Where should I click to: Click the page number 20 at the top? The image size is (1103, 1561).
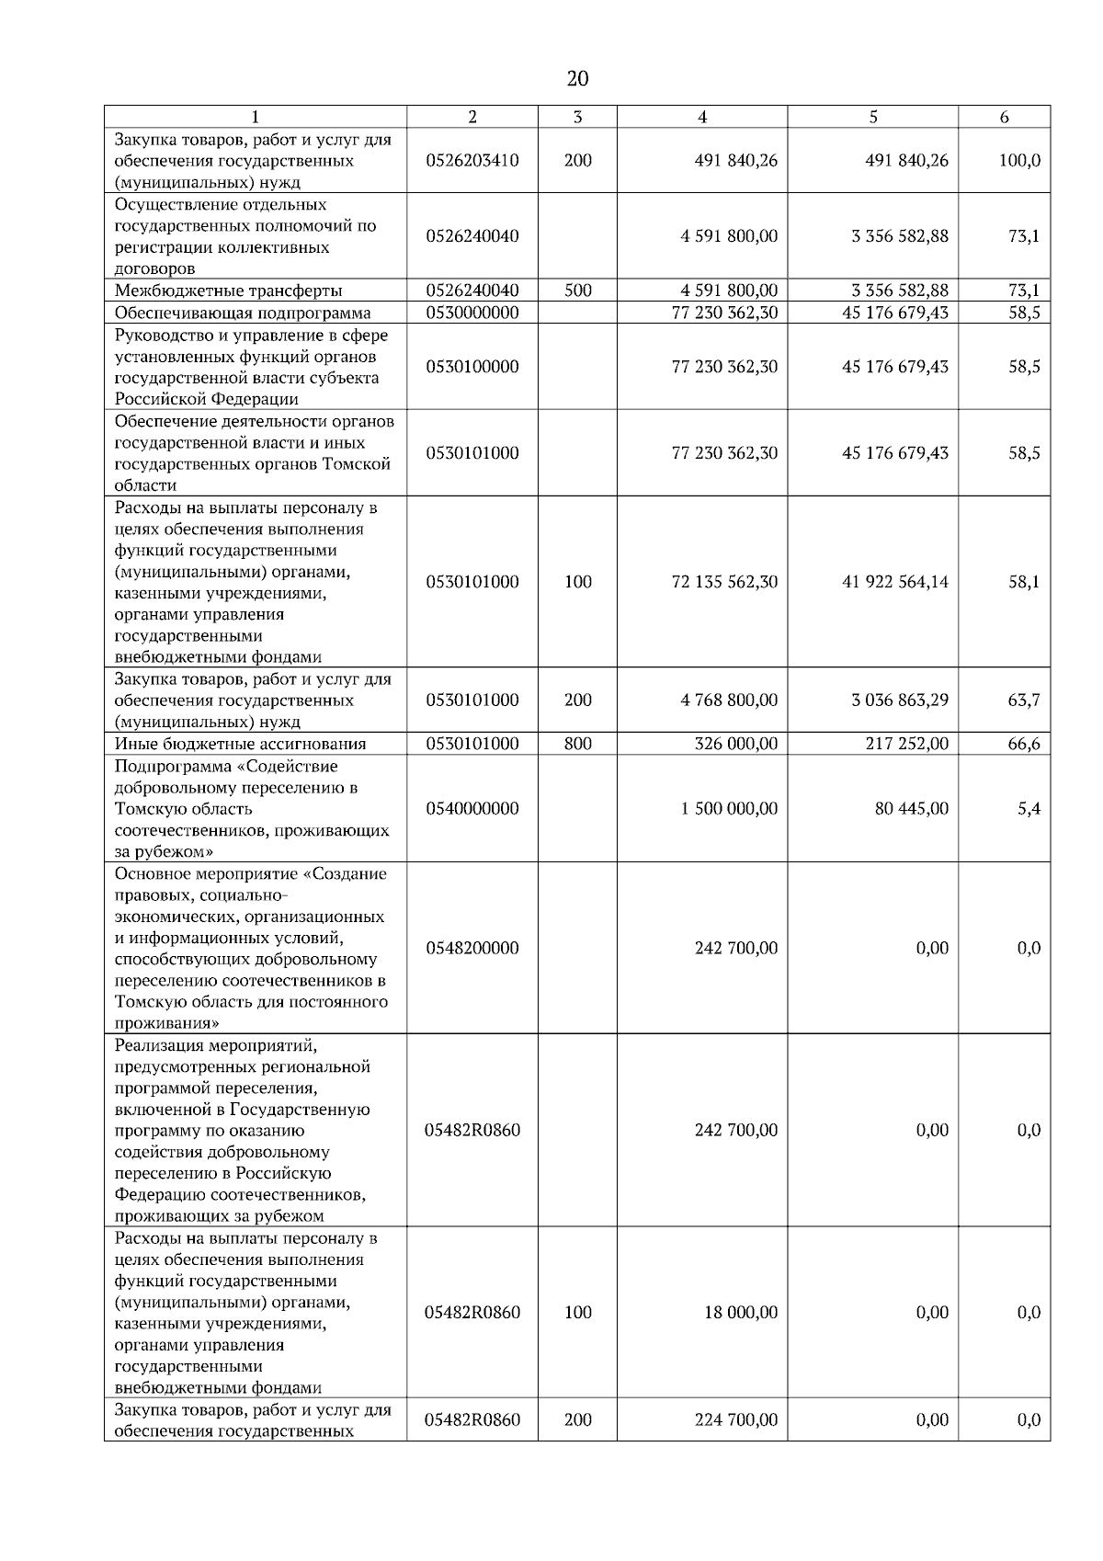(577, 78)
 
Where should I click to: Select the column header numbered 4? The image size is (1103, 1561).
(702, 117)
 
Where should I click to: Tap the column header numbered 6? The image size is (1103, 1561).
(1004, 117)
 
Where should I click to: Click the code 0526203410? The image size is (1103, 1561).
(472, 160)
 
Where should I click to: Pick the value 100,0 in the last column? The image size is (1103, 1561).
(1019, 160)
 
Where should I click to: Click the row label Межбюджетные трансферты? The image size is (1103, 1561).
(228, 291)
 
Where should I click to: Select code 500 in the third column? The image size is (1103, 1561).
(577, 291)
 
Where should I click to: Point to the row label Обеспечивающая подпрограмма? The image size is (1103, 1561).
(243, 313)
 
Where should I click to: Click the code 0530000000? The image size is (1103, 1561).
(472, 313)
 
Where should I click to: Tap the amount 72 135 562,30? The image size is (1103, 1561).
(724, 582)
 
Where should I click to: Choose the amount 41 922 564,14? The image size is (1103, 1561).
(894, 582)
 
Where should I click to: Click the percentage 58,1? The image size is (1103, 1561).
(1024, 582)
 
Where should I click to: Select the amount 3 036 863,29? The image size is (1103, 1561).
(899, 701)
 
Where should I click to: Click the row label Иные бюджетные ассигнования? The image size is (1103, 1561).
(240, 744)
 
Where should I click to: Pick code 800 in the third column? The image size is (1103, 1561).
(577, 744)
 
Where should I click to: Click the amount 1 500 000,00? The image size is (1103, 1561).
(729, 809)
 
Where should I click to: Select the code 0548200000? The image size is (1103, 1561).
(472, 948)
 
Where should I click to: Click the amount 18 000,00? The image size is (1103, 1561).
(740, 1313)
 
